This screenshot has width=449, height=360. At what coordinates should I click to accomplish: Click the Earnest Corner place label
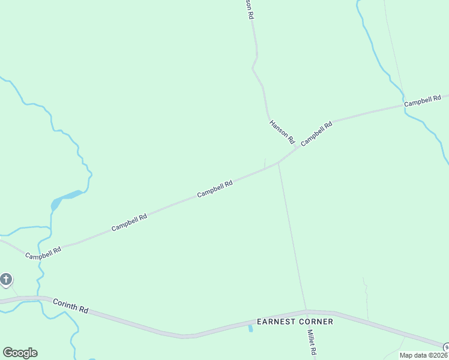point(295,322)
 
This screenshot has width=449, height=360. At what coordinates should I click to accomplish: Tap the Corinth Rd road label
point(70,305)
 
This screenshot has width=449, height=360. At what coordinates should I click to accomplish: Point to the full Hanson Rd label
point(282,131)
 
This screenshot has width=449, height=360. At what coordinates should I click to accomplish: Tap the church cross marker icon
point(6,279)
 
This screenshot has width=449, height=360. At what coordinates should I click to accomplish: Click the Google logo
point(20,353)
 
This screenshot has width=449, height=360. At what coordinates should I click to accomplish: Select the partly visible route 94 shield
point(446,347)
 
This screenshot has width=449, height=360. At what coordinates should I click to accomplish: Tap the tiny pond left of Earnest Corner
point(250,328)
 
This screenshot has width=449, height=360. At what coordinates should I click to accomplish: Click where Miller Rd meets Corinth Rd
point(307,311)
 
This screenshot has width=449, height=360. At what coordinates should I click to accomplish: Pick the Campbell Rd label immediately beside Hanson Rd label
point(316,133)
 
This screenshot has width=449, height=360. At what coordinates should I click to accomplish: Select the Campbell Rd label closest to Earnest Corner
point(215,190)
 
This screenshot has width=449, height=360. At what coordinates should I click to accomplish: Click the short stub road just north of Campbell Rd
point(265,163)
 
